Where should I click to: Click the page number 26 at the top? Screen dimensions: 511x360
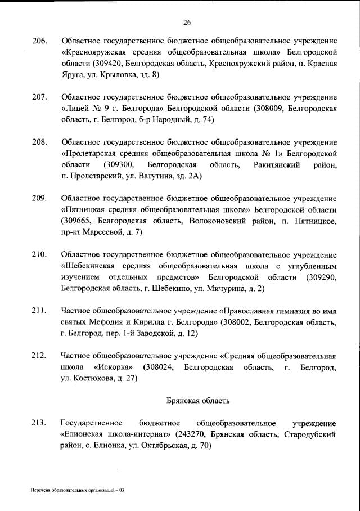[x=187, y=23]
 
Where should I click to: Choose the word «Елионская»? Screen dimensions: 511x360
[x=81, y=434]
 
